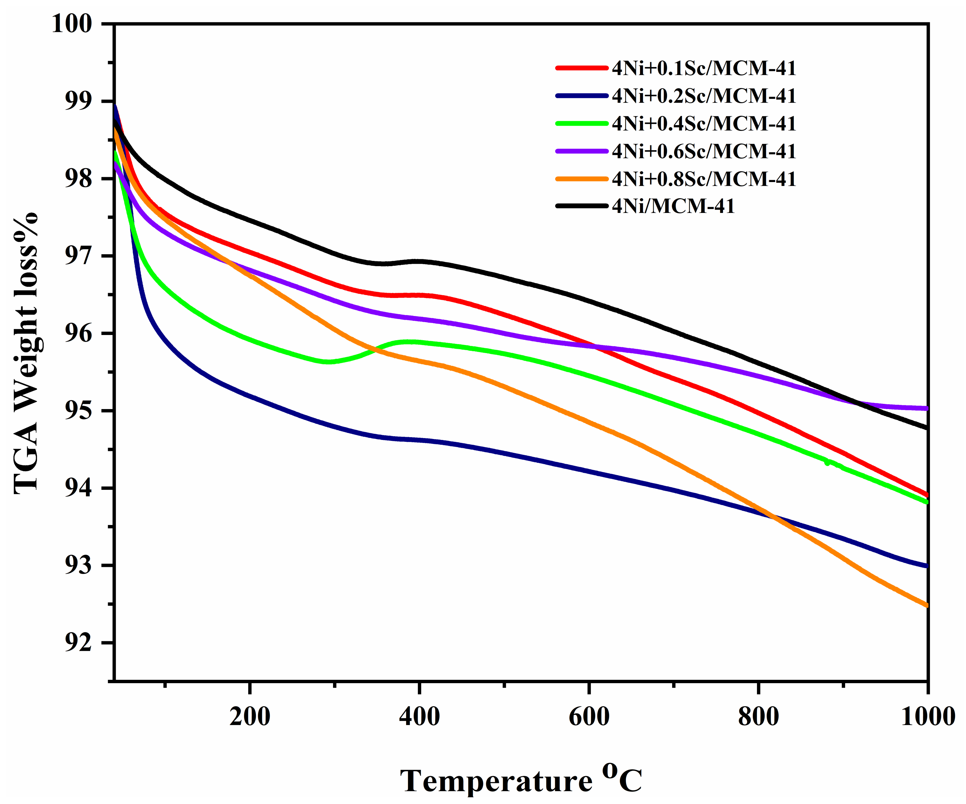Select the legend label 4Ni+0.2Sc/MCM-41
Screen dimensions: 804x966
[x=704, y=96]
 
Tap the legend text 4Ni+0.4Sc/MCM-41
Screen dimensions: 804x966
[x=704, y=124]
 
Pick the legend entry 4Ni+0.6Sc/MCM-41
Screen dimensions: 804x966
[x=704, y=151]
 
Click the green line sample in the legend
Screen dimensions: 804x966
[x=582, y=124]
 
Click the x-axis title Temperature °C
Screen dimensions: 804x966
[x=521, y=780]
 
